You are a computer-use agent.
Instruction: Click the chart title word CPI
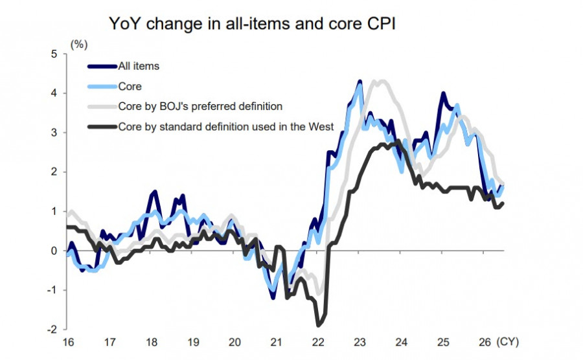pyautogui.click(x=381, y=23)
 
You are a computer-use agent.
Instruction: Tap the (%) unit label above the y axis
pyautogui.click(x=79, y=45)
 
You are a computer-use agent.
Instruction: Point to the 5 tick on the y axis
pyautogui.click(x=54, y=54)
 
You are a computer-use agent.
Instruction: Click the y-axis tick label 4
pyautogui.click(x=54, y=93)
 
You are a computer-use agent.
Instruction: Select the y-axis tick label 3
pyautogui.click(x=54, y=132)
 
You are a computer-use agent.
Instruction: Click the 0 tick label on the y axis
pyautogui.click(x=54, y=251)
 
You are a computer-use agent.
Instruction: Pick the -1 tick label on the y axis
pyautogui.click(x=52, y=290)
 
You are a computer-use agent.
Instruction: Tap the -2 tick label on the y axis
pyautogui.click(x=52, y=330)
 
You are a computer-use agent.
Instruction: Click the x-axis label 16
pyautogui.click(x=69, y=342)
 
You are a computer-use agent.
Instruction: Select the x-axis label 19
pyautogui.click(x=193, y=342)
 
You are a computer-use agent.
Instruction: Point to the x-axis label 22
pyautogui.click(x=318, y=342)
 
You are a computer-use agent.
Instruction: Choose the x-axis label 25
pyautogui.click(x=443, y=342)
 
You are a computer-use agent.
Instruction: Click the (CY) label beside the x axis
pyautogui.click(x=507, y=342)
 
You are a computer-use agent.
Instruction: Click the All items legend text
pyautogui.click(x=139, y=66)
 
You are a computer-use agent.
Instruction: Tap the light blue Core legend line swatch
pyautogui.click(x=102, y=87)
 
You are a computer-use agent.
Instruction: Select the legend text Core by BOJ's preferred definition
pyautogui.click(x=200, y=107)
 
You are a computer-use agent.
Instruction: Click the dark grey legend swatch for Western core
pyautogui.click(x=102, y=127)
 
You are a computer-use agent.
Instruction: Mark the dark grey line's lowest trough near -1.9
pyautogui.click(x=318, y=326)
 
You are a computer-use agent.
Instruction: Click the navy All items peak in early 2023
pyautogui.click(x=360, y=81)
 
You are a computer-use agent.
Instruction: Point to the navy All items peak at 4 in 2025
pyautogui.click(x=443, y=93)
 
